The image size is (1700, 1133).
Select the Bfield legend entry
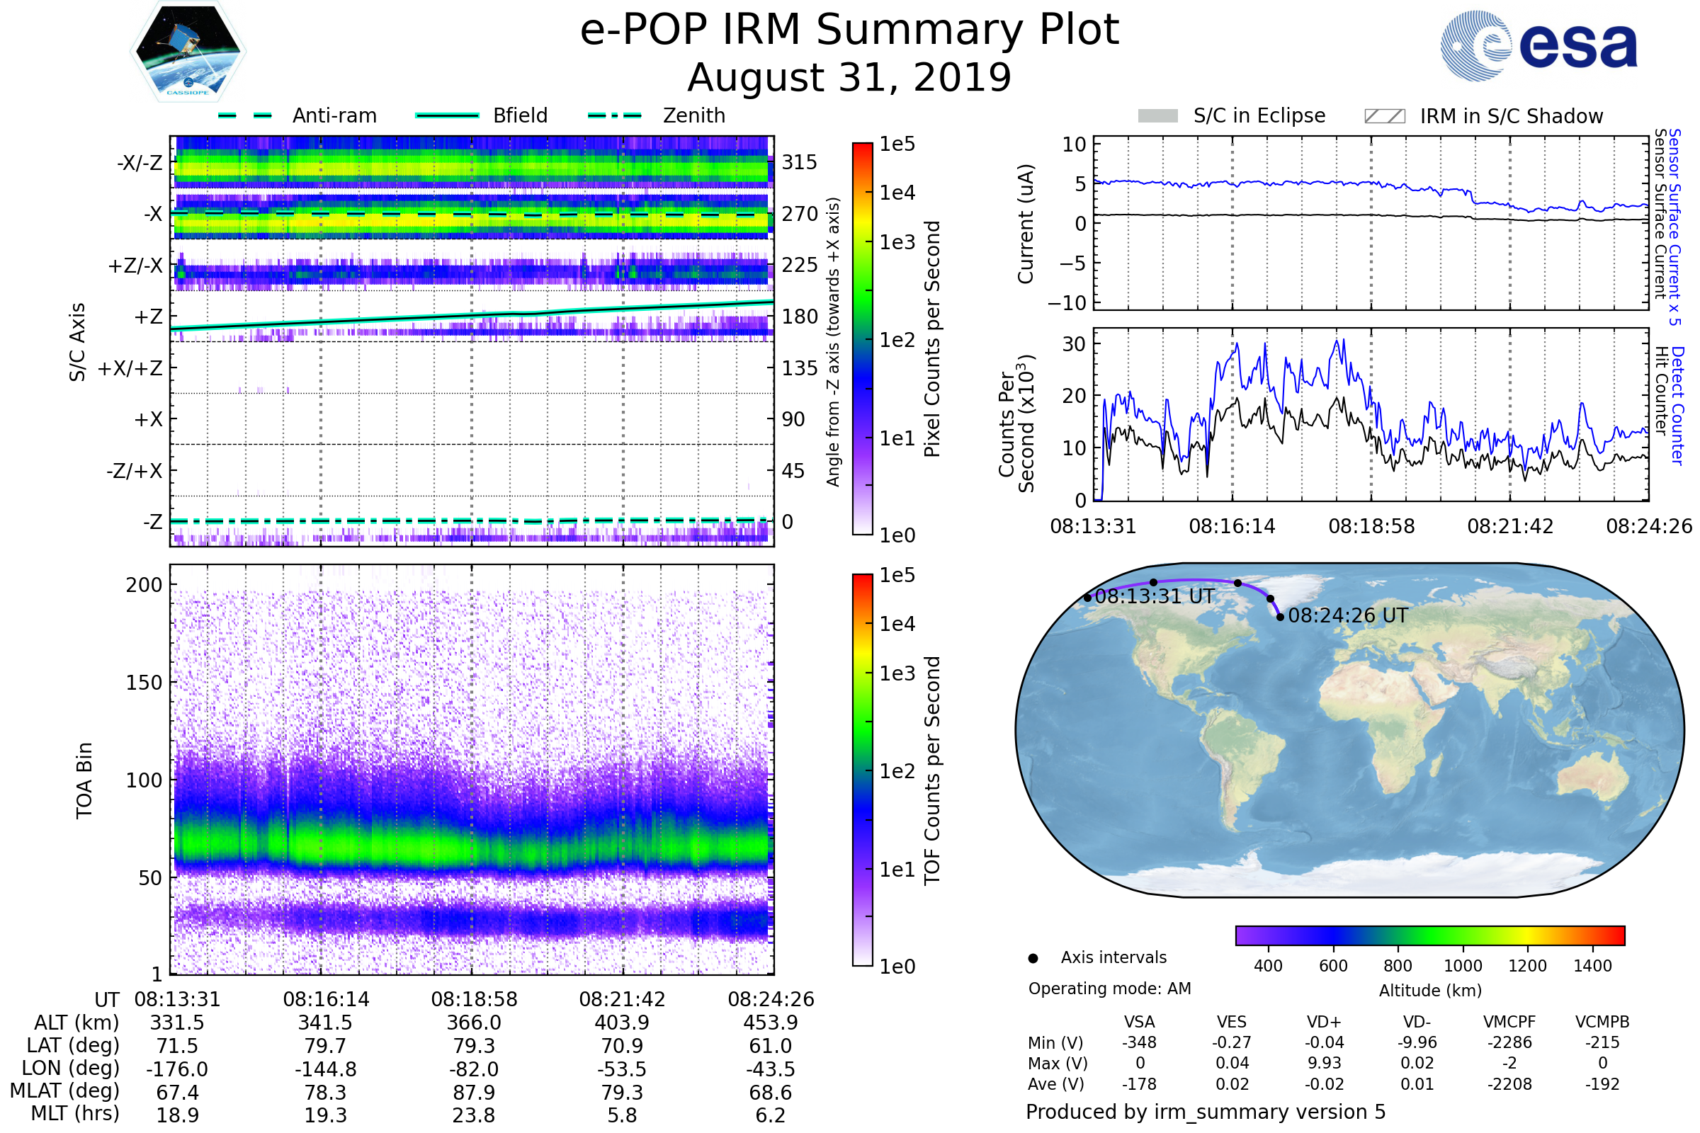pyautogui.click(x=520, y=115)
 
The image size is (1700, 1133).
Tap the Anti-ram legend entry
pyautogui.click(x=334, y=115)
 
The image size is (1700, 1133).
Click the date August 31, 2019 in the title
pyautogui.click(x=849, y=77)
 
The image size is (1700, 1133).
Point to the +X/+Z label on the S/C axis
pyautogui.click(x=130, y=368)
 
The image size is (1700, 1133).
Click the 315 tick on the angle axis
pyautogui.click(x=800, y=162)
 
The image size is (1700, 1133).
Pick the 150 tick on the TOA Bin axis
pyautogui.click(x=144, y=683)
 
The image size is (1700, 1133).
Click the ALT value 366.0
pyautogui.click(x=474, y=1023)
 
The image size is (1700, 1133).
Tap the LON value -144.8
pyautogui.click(x=325, y=1069)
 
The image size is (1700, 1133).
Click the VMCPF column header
pyautogui.click(x=1509, y=1023)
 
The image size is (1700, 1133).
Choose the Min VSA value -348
pyautogui.click(x=1139, y=1042)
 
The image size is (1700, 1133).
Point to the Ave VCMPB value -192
pyautogui.click(x=1602, y=1085)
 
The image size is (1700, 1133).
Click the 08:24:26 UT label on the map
pyautogui.click(x=1348, y=615)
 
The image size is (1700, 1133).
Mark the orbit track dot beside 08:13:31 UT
pyautogui.click(x=1088, y=598)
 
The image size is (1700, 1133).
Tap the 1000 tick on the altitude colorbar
pyautogui.click(x=1463, y=966)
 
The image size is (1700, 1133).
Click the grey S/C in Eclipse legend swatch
pyautogui.click(x=1158, y=116)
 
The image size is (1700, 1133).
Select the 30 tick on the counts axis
pyautogui.click(x=1074, y=344)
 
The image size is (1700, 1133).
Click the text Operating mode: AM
pyautogui.click(x=1109, y=989)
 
